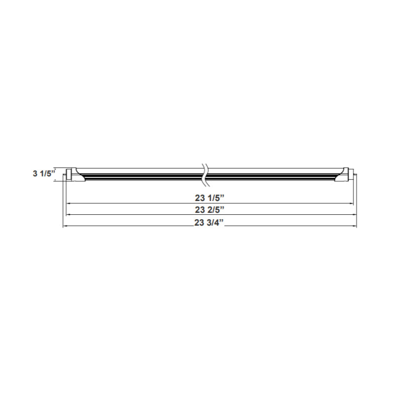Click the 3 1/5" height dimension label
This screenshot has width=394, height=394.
pos(43,173)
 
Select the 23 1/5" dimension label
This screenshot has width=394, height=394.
pos(210,198)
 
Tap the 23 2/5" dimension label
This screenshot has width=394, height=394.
pos(210,210)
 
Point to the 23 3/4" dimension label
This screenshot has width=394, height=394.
pos(209,222)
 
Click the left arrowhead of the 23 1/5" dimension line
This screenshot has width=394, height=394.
pos(69,203)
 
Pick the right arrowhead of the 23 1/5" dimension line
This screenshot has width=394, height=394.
pos(352,203)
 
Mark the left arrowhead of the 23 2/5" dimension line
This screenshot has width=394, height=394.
pos(67,215)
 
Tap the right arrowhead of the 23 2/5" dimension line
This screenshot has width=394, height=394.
pos(353,215)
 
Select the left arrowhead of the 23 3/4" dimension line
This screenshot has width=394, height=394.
pos(65,227)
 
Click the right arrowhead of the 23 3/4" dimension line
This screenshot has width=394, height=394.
pos(355,227)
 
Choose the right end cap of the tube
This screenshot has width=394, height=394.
pos(346,174)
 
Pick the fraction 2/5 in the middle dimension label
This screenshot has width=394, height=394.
pos(213,210)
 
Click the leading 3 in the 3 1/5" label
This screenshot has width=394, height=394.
pos(35,173)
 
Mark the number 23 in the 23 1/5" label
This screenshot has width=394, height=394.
pos(200,198)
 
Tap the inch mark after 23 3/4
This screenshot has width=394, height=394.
pos(222,221)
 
